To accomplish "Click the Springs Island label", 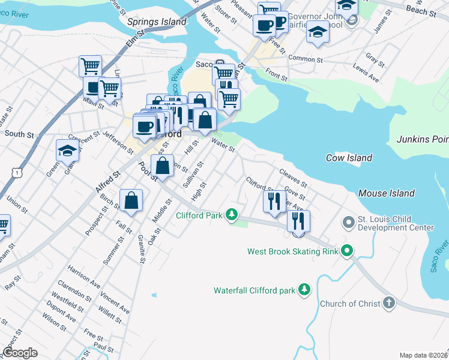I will click(x=157, y=22).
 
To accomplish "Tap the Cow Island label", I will click(x=349, y=158).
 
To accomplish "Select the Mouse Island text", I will click(x=386, y=193).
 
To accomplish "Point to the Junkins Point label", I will click(x=423, y=139).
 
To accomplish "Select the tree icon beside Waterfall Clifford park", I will click(x=305, y=290).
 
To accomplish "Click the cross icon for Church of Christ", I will click(x=389, y=303).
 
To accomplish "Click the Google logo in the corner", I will click(x=20, y=353).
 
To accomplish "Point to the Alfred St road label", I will click(x=108, y=181).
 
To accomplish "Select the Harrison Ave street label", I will click(x=84, y=276).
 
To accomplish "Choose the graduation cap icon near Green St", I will click(x=67, y=151).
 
